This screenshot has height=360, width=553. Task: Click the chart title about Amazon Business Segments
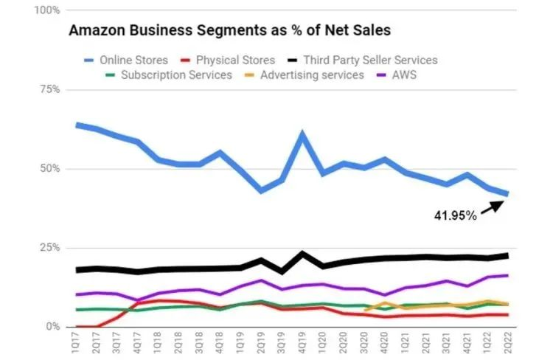(229, 31)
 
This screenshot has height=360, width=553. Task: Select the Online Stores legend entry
(133, 60)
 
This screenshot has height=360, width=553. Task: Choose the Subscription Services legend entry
(176, 75)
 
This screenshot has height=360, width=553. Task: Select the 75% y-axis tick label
(49, 90)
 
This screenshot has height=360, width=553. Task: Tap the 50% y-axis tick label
(49, 169)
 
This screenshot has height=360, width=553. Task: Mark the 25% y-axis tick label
(49, 248)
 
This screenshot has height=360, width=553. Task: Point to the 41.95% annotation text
(454, 217)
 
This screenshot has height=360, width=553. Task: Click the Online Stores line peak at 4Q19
(302, 134)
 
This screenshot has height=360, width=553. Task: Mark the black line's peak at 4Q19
(302, 254)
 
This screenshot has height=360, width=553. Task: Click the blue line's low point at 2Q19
(261, 190)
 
